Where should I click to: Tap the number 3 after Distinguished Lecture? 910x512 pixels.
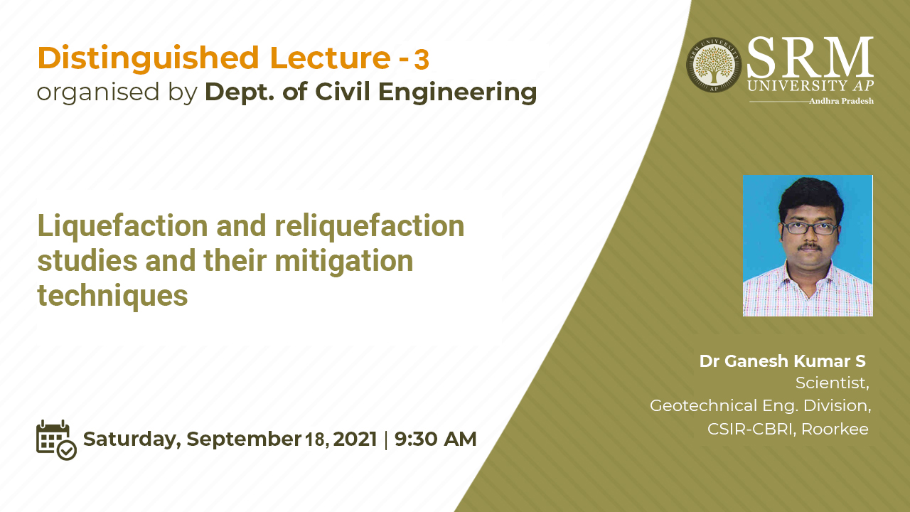click(422, 60)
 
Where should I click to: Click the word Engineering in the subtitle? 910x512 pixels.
click(457, 93)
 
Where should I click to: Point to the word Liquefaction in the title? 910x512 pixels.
click(123, 227)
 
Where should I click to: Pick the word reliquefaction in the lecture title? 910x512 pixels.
click(369, 227)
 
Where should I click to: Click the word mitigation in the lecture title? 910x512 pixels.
click(343, 262)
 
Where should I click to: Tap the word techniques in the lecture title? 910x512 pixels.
click(112, 295)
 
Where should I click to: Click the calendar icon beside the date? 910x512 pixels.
click(56, 440)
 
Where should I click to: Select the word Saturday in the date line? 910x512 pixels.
click(132, 440)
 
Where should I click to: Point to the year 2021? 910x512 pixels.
click(355, 439)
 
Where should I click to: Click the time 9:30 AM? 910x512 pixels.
click(435, 439)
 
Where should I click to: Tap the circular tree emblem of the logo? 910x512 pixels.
click(713, 65)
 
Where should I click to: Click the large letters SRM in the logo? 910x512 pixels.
click(810, 57)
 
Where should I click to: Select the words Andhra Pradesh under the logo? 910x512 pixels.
click(841, 101)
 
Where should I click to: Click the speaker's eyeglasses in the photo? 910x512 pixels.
click(809, 228)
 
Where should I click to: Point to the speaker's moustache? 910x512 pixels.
click(809, 246)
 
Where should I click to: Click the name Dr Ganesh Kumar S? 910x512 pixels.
click(782, 361)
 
